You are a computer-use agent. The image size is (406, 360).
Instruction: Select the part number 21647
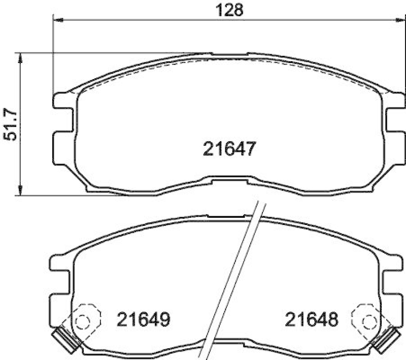tap(227, 149)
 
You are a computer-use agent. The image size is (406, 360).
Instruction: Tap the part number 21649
tap(143, 319)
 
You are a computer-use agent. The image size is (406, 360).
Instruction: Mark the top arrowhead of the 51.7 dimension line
tap(20, 56)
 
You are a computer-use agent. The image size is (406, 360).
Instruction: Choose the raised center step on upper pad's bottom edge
tap(227, 179)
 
